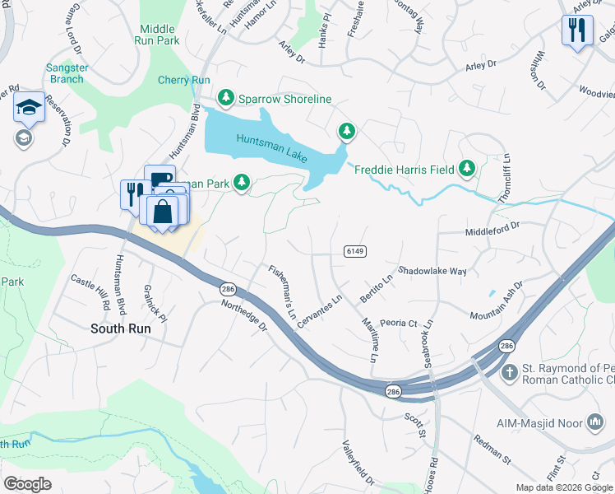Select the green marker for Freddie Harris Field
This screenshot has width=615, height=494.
pos(467,169)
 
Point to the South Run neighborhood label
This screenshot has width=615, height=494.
pos(120,328)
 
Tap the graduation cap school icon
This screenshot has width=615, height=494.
pos(27,107)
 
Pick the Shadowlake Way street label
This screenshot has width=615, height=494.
pos(432,270)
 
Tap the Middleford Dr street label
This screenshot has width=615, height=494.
pos(493,224)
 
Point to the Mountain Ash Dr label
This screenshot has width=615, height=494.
pos(497,303)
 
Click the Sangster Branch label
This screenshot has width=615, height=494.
pos(66,73)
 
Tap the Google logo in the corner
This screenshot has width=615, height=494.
pos(27,483)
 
